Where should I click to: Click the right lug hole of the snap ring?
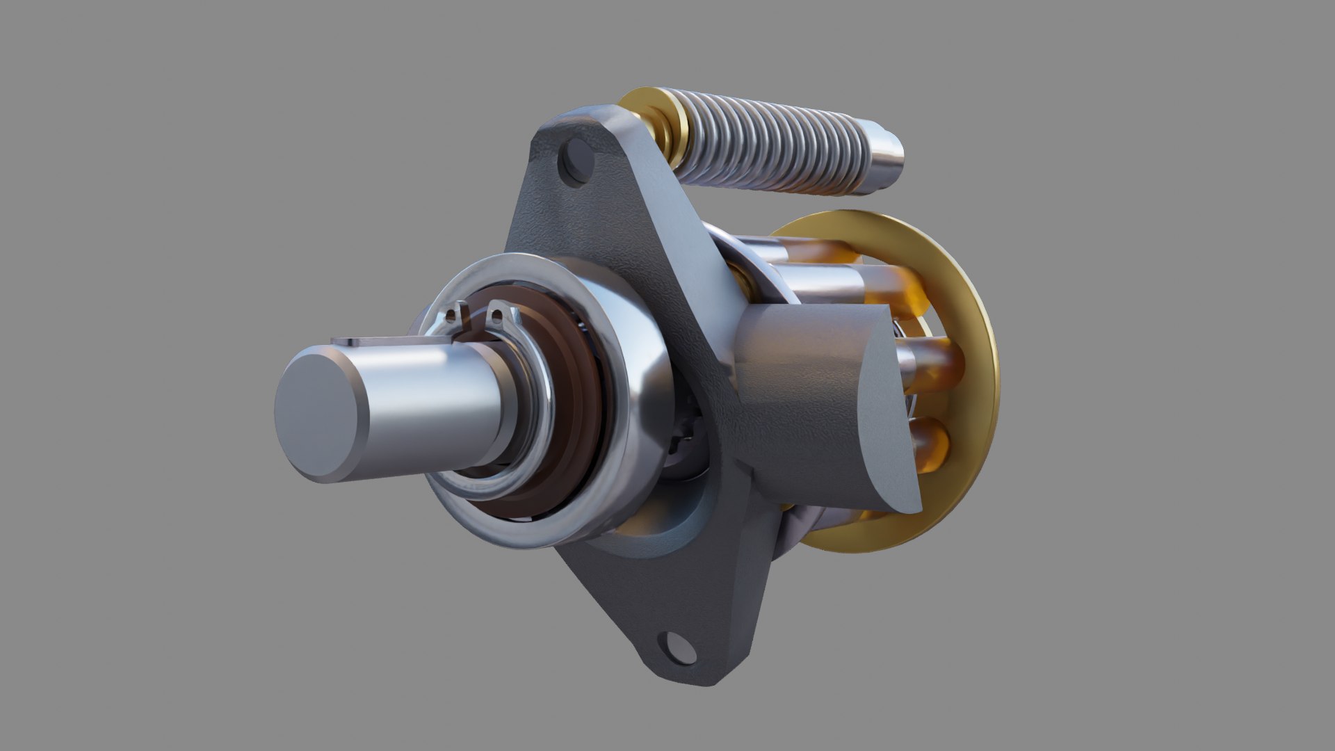(498, 316)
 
